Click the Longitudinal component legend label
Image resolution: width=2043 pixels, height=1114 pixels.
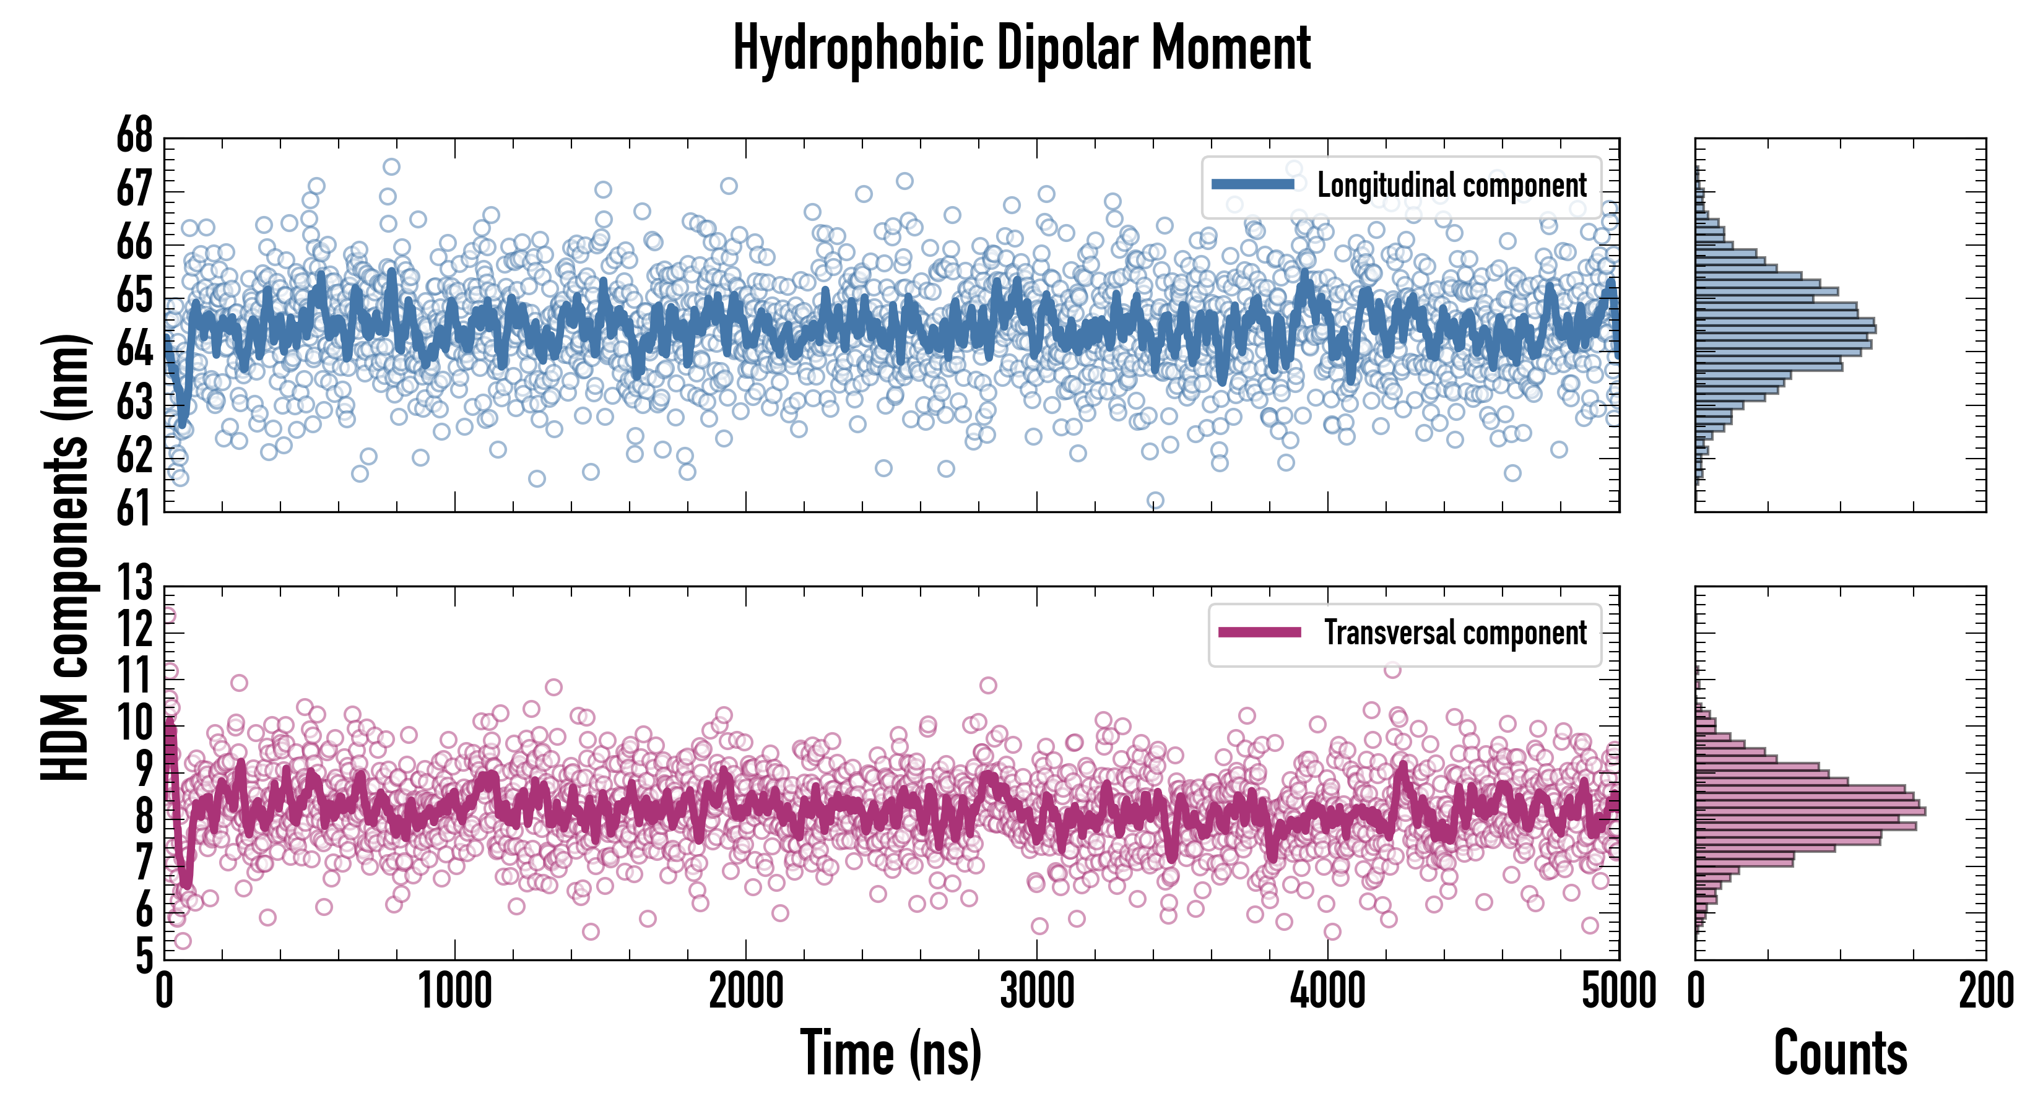[1451, 185]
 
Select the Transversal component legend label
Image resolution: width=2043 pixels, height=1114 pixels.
[1455, 633]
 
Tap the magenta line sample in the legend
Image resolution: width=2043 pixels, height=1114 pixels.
[1259, 633]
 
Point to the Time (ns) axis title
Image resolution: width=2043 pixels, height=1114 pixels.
[891, 1053]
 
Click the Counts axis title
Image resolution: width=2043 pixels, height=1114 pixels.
[1840, 1053]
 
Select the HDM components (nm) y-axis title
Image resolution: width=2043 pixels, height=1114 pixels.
[65, 555]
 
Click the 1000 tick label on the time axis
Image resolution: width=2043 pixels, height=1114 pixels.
[454, 991]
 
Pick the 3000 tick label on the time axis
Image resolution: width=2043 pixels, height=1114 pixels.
[1036, 991]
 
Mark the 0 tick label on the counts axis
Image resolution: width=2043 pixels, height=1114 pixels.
[1696, 991]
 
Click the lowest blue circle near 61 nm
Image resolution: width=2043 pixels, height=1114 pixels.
[1155, 500]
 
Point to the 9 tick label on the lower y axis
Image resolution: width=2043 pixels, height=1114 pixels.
[144, 769]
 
